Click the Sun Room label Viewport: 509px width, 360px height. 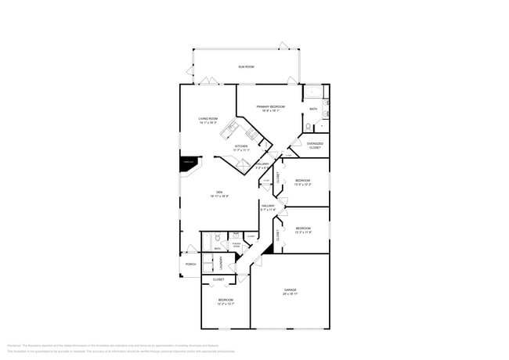(x=246, y=67)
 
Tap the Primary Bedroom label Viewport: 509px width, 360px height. (x=270, y=106)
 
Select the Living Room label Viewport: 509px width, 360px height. (x=208, y=118)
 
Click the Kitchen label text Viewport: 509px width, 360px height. (x=242, y=146)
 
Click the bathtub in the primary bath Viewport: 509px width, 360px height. (x=313, y=91)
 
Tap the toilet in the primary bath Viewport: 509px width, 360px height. (x=309, y=127)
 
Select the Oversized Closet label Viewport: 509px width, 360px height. (x=315, y=145)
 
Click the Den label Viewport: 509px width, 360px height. (x=218, y=193)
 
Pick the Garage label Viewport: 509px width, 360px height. (x=290, y=290)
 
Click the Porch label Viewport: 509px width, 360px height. (x=190, y=264)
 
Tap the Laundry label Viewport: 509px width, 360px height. (x=221, y=261)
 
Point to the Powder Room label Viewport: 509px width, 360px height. (x=236, y=245)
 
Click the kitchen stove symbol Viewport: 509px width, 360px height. (x=252, y=134)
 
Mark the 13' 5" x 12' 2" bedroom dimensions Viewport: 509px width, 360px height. (x=302, y=185)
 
